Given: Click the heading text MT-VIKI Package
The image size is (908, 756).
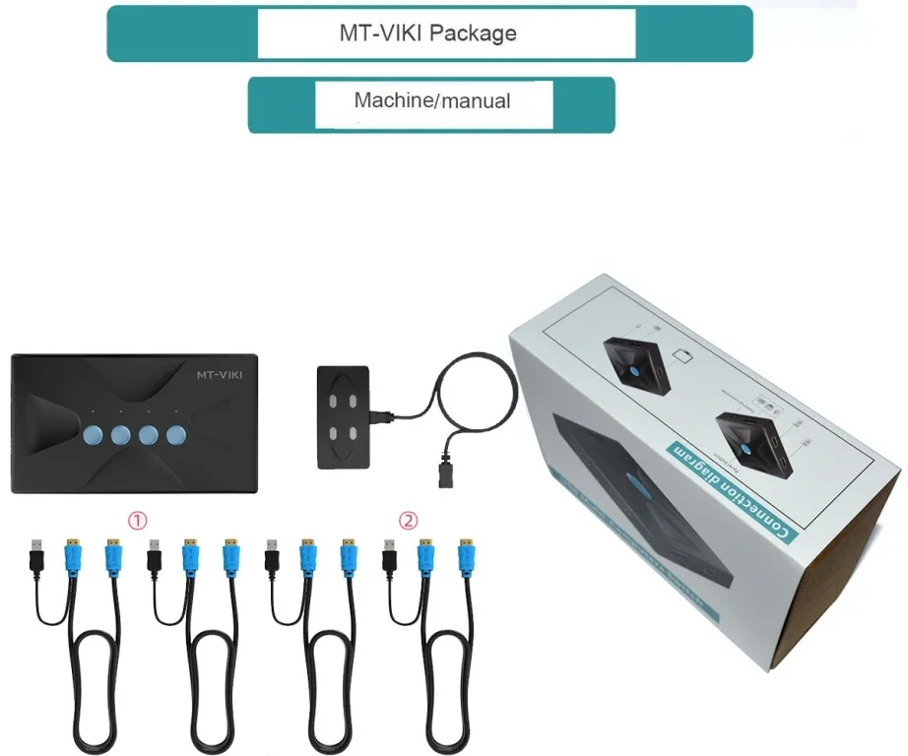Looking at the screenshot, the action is (427, 33).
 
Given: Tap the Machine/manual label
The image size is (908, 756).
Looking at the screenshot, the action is (432, 100).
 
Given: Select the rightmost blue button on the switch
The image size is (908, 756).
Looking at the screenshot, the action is (176, 434).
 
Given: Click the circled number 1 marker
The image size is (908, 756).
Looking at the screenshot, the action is (140, 519).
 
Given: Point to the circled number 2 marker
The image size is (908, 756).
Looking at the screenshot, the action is (408, 519).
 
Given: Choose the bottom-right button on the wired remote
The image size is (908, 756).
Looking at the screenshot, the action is (354, 434).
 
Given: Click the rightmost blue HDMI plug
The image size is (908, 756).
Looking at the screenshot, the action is (465, 555).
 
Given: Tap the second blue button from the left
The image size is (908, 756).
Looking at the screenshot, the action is (121, 434).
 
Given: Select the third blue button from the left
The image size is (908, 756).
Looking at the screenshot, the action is (149, 434).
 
